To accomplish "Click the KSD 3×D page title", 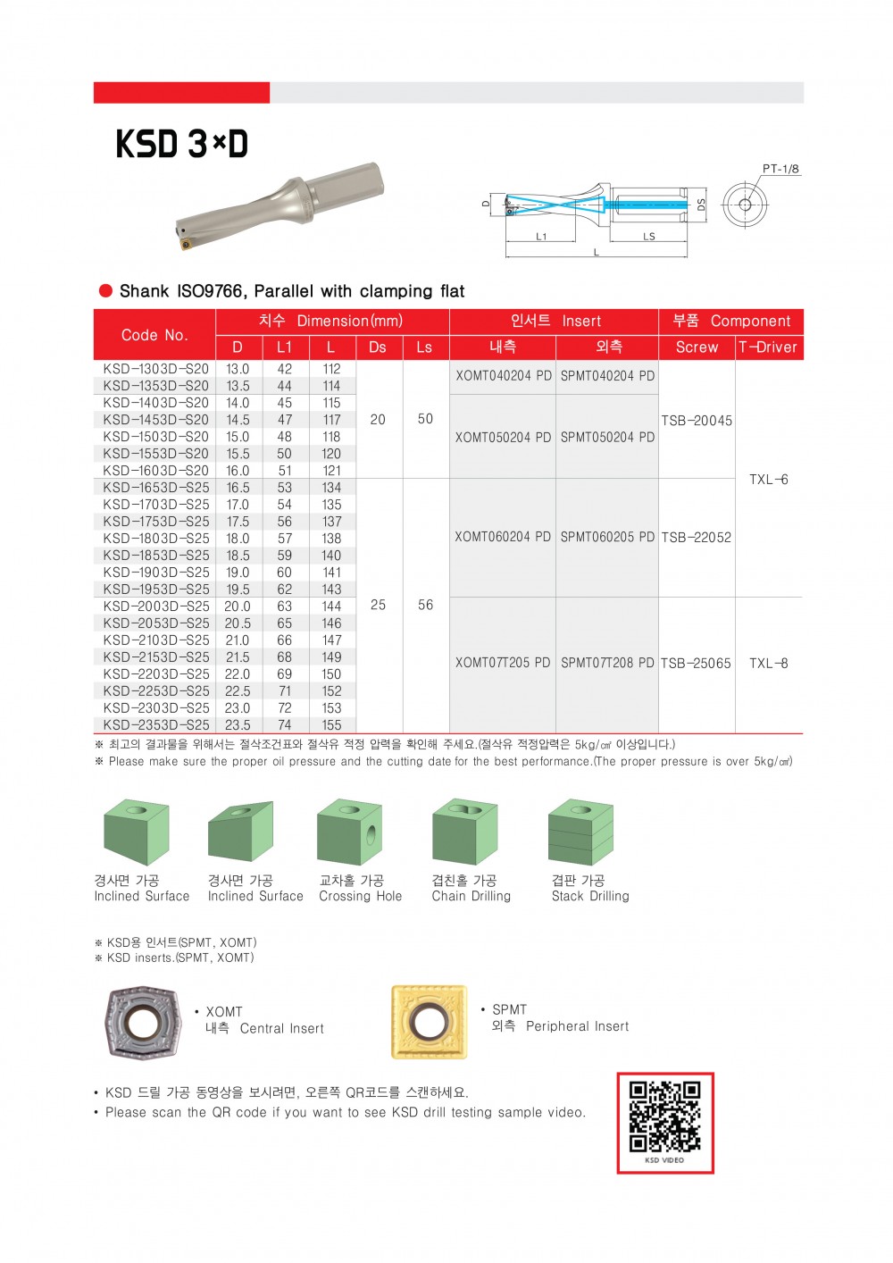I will [181, 144].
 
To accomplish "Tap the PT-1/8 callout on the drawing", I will [780, 169].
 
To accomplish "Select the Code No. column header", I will [154, 335].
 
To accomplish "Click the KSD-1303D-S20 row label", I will [155, 369].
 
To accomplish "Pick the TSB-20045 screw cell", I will [697, 420].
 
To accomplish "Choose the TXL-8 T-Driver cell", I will [768, 664].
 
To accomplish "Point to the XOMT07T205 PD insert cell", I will [503, 663].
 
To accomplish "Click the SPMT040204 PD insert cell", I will [607, 376].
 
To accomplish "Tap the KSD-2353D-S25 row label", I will [156, 725].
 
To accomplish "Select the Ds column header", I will [378, 347].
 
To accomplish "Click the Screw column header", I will [697, 347].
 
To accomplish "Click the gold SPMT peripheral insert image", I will [429, 1022].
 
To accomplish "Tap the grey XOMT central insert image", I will [142, 1024].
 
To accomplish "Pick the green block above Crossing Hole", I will [349, 832].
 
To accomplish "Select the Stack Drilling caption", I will [590, 896].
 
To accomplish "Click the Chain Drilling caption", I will [472, 896].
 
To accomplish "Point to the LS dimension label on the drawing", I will [648, 237].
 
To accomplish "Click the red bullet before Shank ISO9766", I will [105, 290].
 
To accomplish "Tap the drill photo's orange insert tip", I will [186, 243].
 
